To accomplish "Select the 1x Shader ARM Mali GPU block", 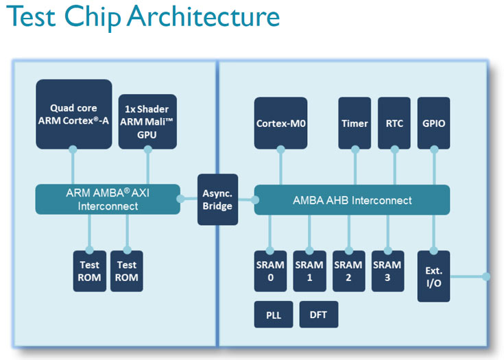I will pos(147,121).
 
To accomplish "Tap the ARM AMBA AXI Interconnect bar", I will pos(108,199).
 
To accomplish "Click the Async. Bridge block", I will pos(217,200).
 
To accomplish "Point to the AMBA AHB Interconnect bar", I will pos(352,200).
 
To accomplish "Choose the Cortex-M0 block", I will pos(280,123).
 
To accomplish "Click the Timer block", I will pos(355,123).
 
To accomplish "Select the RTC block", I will pos(394,123).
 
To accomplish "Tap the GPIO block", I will pos(433,123).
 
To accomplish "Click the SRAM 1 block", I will pos(309,272).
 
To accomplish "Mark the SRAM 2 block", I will pos(348,272).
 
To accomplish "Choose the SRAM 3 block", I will pos(387,272).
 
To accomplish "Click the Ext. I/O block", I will pos(433,276).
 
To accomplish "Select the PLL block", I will pos(274,314).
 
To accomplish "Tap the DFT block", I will pos(318,314).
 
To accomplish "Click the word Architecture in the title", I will pos(202,18).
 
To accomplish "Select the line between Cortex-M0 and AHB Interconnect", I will pos(280,167).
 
